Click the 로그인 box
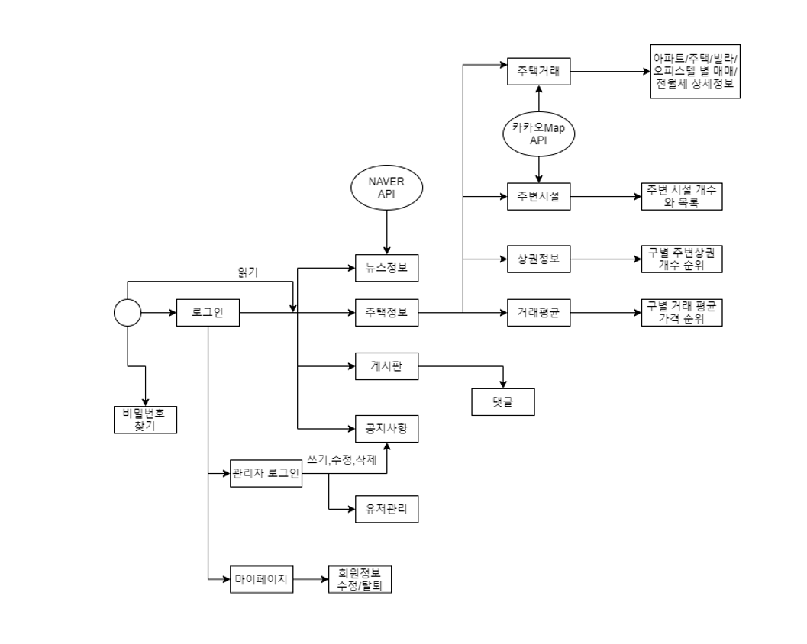208,312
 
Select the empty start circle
128,313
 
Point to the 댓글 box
502,401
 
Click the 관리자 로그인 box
266,474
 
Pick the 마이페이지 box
262,580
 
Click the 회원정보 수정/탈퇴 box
360,580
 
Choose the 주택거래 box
539,72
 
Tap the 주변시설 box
539,196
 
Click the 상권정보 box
539,259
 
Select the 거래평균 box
539,312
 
